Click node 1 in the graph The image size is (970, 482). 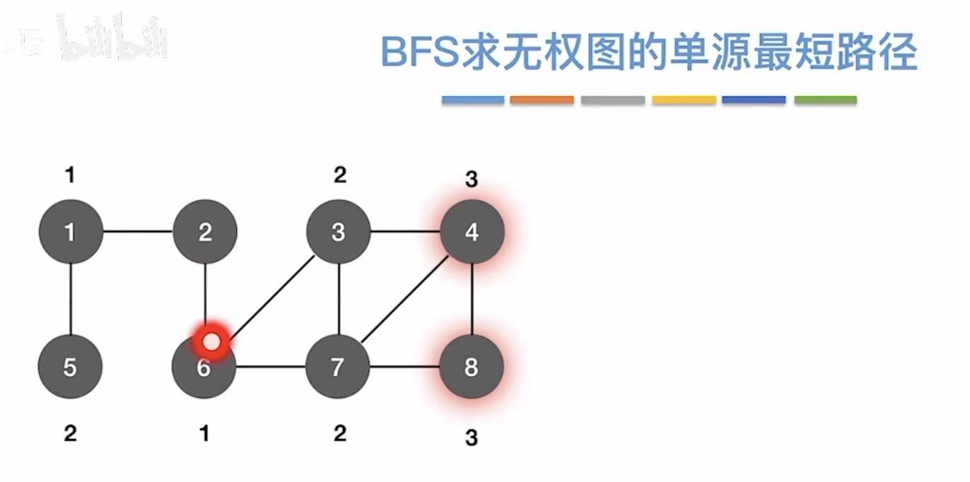pyautogui.click(x=70, y=231)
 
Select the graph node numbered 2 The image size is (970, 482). pyautogui.click(x=205, y=231)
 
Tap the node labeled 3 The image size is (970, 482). pyautogui.click(x=338, y=231)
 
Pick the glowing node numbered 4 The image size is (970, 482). pyautogui.click(x=472, y=231)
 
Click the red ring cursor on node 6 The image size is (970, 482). pyautogui.click(x=211, y=342)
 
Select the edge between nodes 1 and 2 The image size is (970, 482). pyautogui.click(x=138, y=231)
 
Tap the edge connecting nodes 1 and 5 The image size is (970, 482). pyautogui.click(x=71, y=299)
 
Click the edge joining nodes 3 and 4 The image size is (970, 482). pyautogui.click(x=404, y=231)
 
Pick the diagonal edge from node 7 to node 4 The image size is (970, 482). pyautogui.click(x=404, y=300)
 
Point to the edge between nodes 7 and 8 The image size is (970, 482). pyautogui.click(x=404, y=367)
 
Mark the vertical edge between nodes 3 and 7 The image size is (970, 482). pyautogui.click(x=339, y=299)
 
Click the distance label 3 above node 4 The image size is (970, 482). pyautogui.click(x=472, y=180)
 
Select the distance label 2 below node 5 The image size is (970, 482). pyautogui.click(x=70, y=433)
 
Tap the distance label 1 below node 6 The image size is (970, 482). pyautogui.click(x=204, y=433)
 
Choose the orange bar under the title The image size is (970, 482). pyautogui.click(x=542, y=100)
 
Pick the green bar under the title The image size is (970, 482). pyautogui.click(x=825, y=100)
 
